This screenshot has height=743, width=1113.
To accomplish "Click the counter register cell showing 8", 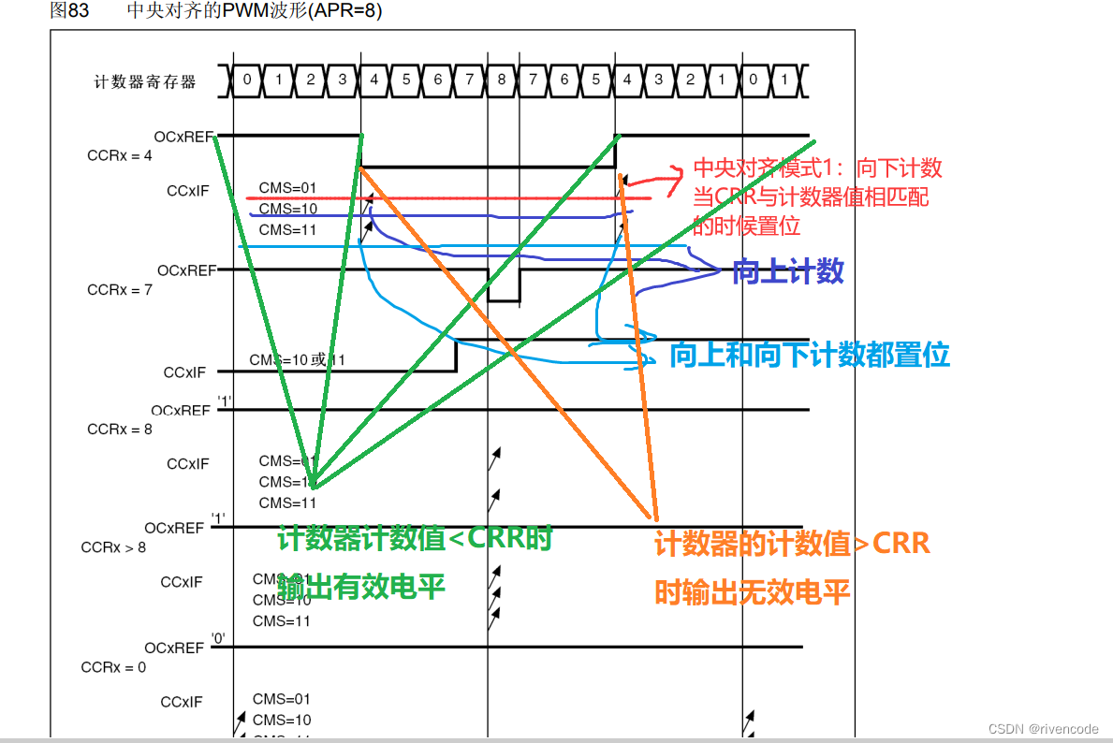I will [x=501, y=80].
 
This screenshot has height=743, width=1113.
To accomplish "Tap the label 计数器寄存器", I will [x=145, y=82].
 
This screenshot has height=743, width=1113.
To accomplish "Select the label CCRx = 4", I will [x=119, y=155].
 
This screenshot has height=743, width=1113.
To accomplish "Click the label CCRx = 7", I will [x=119, y=290].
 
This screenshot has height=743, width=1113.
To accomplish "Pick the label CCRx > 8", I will [x=114, y=547].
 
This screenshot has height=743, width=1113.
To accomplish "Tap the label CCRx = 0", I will [x=114, y=667].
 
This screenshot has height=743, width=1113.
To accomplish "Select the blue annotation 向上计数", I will [x=788, y=272].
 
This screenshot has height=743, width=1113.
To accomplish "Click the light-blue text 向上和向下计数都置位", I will [x=810, y=355].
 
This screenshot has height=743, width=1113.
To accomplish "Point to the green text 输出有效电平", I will [x=361, y=587].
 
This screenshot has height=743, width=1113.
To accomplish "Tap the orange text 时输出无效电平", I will [x=752, y=592].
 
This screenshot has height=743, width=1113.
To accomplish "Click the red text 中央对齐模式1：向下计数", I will [x=817, y=168].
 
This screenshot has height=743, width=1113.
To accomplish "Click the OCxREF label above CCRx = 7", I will [x=186, y=270].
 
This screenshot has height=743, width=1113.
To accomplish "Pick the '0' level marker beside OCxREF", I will [x=218, y=639].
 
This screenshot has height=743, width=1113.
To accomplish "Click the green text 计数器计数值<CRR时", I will [x=415, y=539].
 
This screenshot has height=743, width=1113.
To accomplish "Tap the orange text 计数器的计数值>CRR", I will [x=792, y=544].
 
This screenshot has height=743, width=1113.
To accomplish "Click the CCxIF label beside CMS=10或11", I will [x=184, y=372].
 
